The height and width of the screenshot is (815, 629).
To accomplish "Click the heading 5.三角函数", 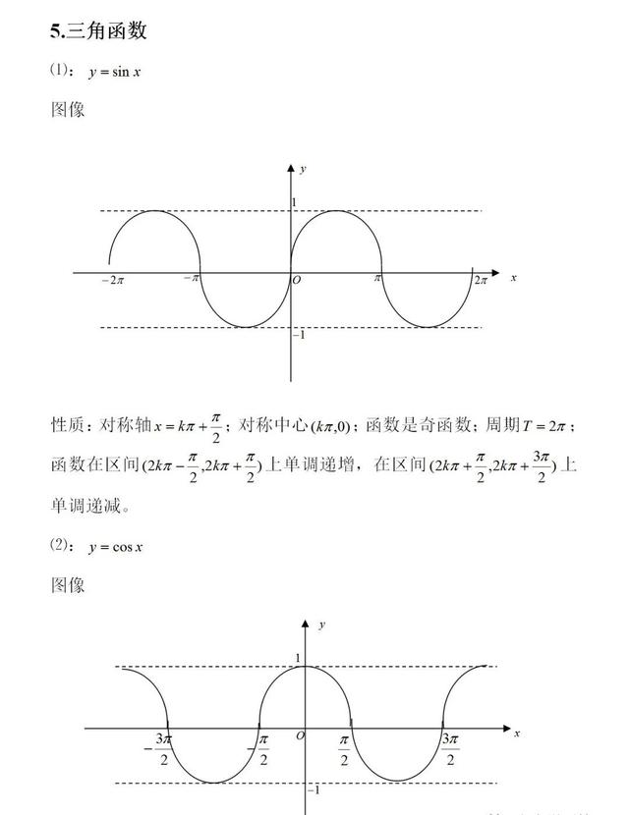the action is tap(98, 30).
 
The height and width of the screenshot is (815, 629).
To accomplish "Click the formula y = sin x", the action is tap(114, 72).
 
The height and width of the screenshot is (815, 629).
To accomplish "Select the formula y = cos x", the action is tap(116, 547).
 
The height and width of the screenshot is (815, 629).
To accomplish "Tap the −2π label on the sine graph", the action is tap(113, 281).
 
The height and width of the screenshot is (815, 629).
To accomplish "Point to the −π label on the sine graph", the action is tap(192, 278).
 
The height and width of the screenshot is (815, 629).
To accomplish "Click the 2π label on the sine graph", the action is tap(481, 280).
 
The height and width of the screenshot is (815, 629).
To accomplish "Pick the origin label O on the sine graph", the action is tap(297, 280).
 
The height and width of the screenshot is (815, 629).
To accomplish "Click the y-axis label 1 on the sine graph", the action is tap(294, 202).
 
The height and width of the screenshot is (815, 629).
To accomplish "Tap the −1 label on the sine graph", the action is tap(299, 335).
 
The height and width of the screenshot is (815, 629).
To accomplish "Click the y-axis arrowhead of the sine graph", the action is tap(291, 168).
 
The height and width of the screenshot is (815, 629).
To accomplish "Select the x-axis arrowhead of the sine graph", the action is tap(494, 273).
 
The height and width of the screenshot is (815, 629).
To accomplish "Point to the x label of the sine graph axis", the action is tap(513, 278).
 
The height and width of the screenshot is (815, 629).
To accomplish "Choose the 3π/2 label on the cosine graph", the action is tap(450, 749).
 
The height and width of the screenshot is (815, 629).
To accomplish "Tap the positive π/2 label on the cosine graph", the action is tap(344, 750).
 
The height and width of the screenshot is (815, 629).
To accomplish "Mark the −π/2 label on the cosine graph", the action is tap(258, 749).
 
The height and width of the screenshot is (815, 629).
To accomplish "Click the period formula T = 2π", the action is tap(543, 426).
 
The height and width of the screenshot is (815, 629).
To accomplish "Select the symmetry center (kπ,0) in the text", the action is tap(330, 427).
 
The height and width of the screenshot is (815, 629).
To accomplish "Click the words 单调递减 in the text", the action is tap(86, 506).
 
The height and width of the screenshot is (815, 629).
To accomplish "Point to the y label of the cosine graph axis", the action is tap(322, 625).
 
